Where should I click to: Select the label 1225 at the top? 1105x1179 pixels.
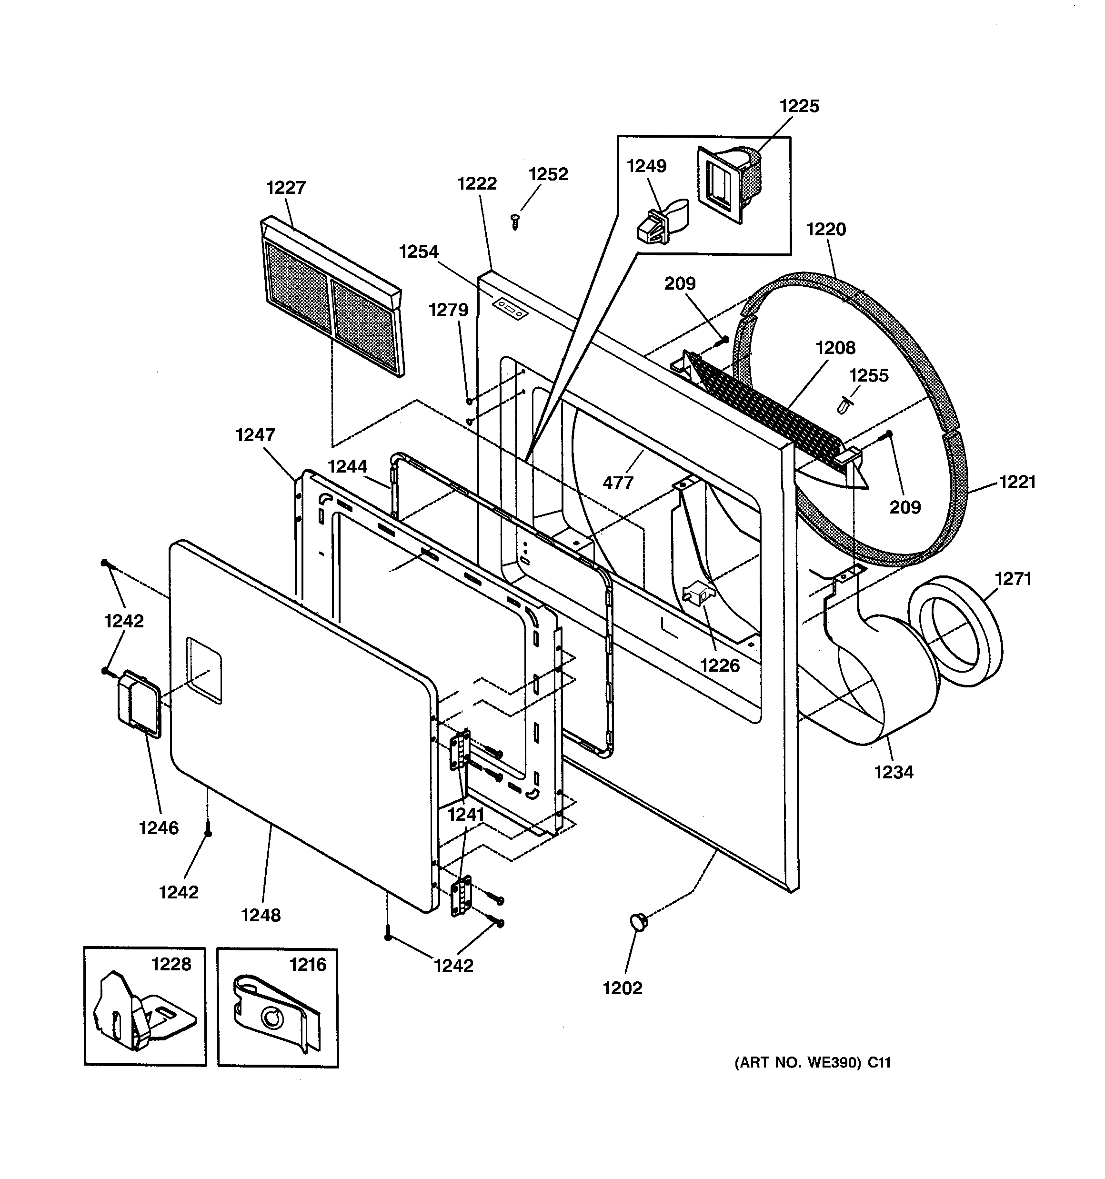click(799, 106)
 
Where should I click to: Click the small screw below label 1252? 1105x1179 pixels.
click(515, 222)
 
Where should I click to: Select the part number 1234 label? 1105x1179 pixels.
click(893, 772)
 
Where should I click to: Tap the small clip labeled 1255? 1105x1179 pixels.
click(844, 405)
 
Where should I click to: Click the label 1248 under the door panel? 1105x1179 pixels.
click(261, 915)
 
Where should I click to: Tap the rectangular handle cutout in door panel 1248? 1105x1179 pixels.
click(204, 671)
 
